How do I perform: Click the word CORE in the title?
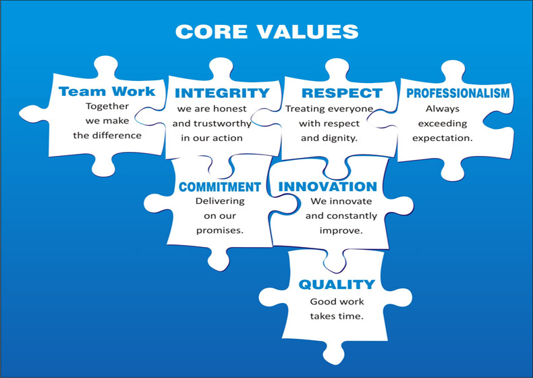tap(211, 32)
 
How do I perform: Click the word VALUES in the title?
tap(308, 32)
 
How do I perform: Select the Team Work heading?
tap(107, 91)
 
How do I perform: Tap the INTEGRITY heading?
tap(222, 93)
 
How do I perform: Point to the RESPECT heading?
tap(342, 93)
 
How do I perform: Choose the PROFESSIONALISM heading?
tap(458, 93)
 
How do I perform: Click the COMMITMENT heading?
tap(219, 187)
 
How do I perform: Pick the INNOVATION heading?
tap(328, 186)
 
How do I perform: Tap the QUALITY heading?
tap(337, 284)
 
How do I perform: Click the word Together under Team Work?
tap(107, 106)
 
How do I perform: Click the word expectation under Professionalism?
tap(442, 138)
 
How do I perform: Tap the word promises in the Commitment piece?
tap(219, 231)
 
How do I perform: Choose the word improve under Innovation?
tap(341, 231)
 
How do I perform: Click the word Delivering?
tap(220, 201)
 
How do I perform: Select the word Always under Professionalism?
tap(442, 109)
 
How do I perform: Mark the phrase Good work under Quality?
tap(337, 302)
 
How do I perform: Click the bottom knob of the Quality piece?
tap(333, 354)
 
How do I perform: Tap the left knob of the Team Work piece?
tap(33, 114)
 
